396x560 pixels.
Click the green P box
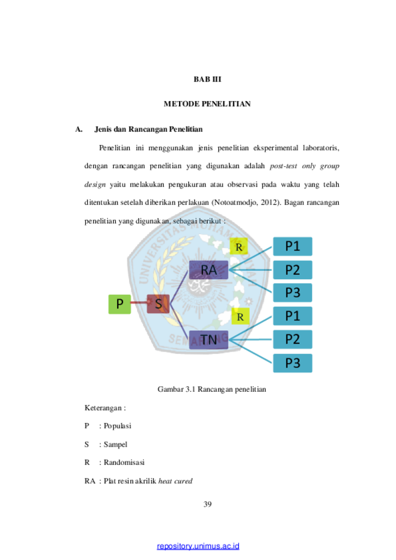(119, 304)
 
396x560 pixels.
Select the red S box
(158, 304)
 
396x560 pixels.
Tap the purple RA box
(208, 270)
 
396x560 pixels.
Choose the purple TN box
(208, 339)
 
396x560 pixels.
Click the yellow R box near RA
(239, 246)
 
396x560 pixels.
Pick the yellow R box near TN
(240, 316)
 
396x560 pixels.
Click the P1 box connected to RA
(292, 246)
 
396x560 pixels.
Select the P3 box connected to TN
(292, 363)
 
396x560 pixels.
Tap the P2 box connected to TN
(292, 339)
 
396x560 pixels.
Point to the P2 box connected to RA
(292, 270)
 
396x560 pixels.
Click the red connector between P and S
(140, 303)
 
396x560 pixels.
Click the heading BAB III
(208, 79)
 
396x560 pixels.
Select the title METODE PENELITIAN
(207, 104)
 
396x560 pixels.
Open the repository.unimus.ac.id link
(198, 546)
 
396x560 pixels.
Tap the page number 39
(208, 505)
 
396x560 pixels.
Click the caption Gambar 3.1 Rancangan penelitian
(212, 389)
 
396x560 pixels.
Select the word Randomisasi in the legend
(124, 463)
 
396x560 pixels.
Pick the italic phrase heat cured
(175, 481)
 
